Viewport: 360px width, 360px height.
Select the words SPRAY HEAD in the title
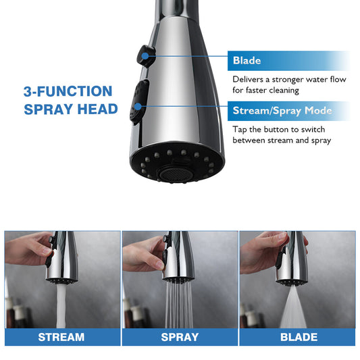[x=71, y=109]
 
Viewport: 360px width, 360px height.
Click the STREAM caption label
[x=61, y=336]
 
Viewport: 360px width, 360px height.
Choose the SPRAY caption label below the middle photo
[x=180, y=336]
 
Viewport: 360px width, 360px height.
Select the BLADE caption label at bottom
[x=298, y=336]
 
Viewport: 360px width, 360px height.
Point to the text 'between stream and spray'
[x=282, y=140]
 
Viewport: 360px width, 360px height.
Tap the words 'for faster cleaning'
[x=266, y=91]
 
